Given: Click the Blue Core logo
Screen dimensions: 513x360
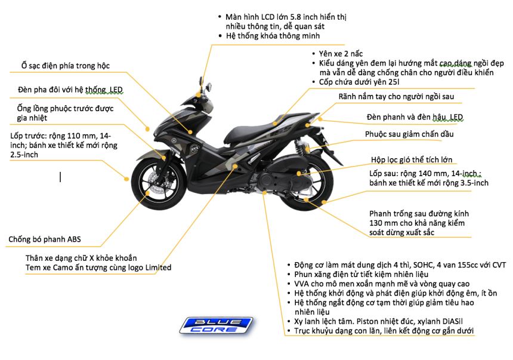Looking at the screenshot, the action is (217, 325).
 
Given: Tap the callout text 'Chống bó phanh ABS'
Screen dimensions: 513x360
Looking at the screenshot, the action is (45, 239).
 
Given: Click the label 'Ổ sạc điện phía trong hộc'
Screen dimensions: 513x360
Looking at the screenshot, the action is (66, 66).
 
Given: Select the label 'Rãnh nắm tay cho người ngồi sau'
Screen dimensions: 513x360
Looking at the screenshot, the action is (396, 96).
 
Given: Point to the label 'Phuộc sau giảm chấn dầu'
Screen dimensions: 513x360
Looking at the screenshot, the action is (409, 134).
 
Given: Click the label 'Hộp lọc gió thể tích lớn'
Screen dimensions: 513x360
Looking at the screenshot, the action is (412, 159).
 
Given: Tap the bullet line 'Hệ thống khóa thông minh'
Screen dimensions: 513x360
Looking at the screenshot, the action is (273, 36).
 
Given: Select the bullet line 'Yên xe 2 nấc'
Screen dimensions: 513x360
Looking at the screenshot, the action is (341, 54).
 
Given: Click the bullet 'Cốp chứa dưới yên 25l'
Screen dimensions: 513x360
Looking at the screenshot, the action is (359, 82).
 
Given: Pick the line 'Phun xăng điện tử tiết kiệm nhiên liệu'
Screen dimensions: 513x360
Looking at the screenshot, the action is (361, 274).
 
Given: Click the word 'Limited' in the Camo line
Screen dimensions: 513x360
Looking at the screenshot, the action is (158, 267).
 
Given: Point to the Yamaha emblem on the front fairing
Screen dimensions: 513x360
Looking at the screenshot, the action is (174, 141).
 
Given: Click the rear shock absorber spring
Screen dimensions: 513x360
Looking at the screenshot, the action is (299, 147).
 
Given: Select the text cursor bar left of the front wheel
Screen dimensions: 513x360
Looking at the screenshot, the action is (60, 177).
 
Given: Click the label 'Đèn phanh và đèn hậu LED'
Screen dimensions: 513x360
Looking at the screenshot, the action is (415, 117).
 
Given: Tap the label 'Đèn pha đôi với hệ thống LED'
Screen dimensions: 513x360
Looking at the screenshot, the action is (70, 90).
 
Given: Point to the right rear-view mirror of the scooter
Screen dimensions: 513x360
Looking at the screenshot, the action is (208, 87).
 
